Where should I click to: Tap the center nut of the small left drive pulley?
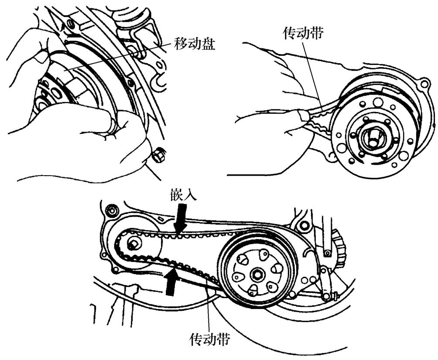[133, 243]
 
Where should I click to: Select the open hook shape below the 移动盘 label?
[158, 82]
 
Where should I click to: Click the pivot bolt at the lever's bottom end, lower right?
[326, 297]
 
